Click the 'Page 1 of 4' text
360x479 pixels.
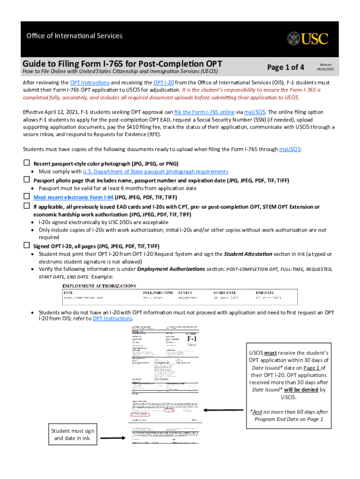point(285,67)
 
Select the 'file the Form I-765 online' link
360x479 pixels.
point(204,112)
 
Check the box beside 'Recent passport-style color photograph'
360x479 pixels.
point(27,163)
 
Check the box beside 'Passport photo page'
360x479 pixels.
point(27,180)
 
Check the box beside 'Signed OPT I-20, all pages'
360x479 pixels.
point(27,246)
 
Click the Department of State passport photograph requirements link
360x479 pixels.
point(155,172)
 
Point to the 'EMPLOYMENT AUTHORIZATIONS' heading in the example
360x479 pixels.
point(100,285)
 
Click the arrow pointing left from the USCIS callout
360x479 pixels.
point(222,410)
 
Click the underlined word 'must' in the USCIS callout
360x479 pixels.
point(270,353)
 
